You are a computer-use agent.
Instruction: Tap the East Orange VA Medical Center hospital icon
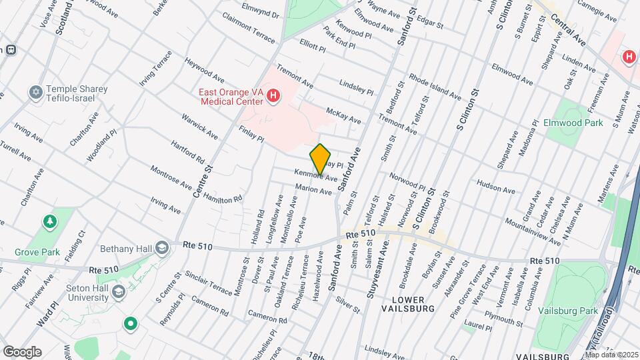(x=273, y=97)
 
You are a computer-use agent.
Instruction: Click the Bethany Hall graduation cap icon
(x=161, y=248)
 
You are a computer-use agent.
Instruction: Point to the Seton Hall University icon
(x=119, y=291)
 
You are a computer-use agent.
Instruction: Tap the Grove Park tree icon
(x=49, y=221)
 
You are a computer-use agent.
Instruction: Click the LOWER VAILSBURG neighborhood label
(x=408, y=303)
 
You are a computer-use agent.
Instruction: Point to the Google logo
(x=22, y=351)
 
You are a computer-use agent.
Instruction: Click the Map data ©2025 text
(x=611, y=354)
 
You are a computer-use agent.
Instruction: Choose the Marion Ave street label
(x=313, y=190)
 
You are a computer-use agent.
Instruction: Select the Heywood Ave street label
(x=206, y=69)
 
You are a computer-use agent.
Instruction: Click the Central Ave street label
(x=568, y=30)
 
